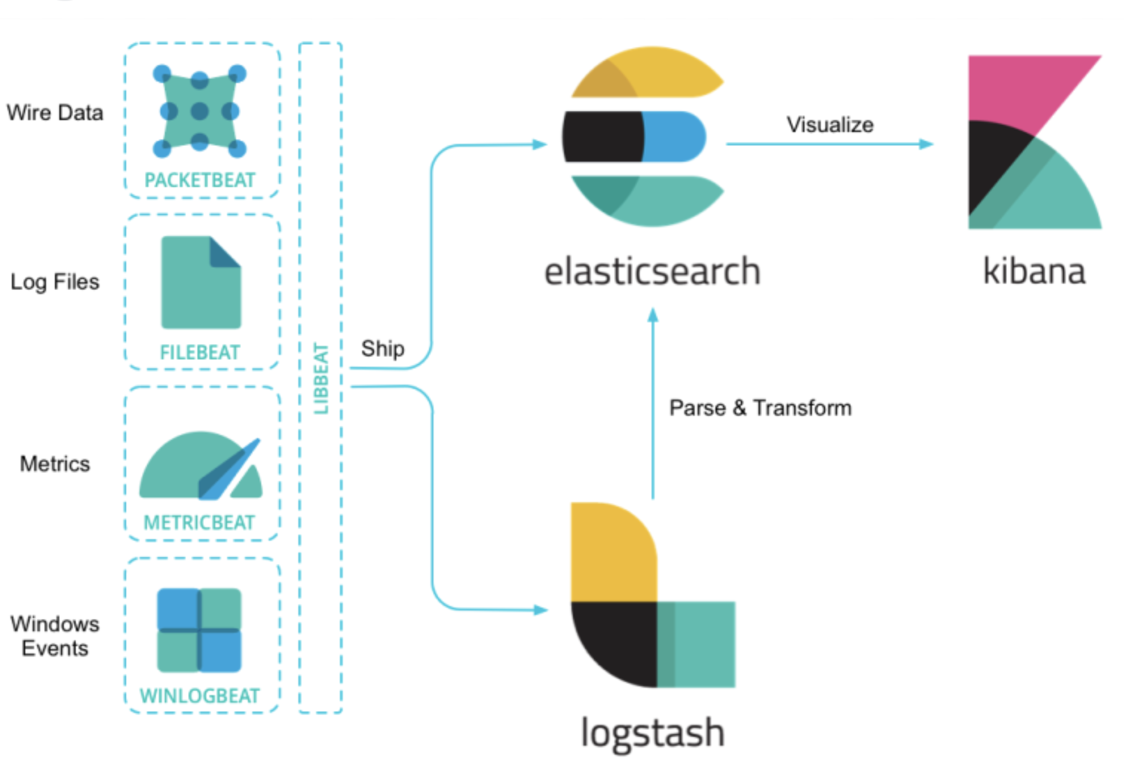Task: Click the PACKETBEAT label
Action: click(200, 180)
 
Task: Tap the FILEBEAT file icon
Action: click(201, 283)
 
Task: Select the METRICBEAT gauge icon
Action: click(201, 466)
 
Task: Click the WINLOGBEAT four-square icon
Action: click(199, 630)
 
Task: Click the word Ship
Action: click(383, 348)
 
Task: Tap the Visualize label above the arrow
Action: click(830, 125)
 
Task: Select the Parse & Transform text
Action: click(760, 408)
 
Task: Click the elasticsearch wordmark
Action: click(652, 271)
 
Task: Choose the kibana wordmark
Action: click(1034, 271)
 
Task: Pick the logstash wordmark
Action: click(652, 733)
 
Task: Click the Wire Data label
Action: click(55, 113)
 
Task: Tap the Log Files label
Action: click(55, 282)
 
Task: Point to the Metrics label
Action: click(55, 464)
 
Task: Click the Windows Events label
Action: click(55, 636)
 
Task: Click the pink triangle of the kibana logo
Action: click(1018, 86)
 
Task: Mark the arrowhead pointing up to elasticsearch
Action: click(653, 315)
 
